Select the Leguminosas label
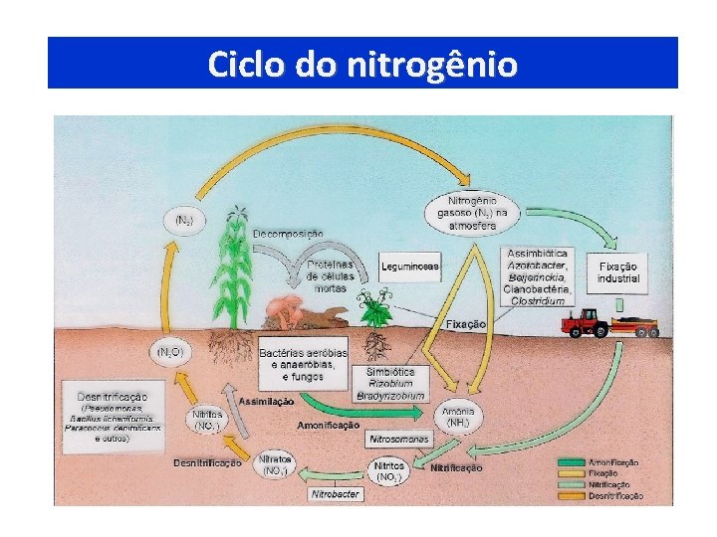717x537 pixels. [x=409, y=267]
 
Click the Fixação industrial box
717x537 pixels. [x=618, y=272]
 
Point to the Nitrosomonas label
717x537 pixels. [x=398, y=438]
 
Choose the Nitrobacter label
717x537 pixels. [x=334, y=493]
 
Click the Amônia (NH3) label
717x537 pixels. [x=458, y=418]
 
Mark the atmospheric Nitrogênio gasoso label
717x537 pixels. [x=472, y=212]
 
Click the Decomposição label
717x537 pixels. [x=288, y=233]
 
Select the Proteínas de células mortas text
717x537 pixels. [x=330, y=275]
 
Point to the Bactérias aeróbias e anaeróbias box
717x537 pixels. [x=304, y=364]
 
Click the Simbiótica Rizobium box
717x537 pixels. [x=390, y=383]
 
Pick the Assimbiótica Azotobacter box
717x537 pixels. [x=537, y=276]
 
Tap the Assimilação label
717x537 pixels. [x=266, y=401]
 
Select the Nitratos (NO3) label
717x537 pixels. [x=274, y=465]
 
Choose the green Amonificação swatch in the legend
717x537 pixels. [x=571, y=462]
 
